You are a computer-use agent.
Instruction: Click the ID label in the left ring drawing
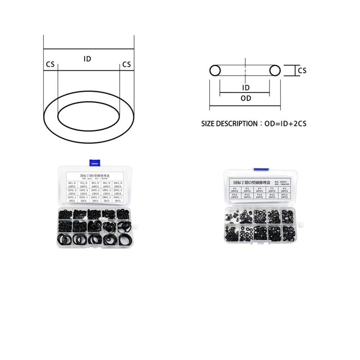point(87,59)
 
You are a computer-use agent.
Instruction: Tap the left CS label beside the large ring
point(50,64)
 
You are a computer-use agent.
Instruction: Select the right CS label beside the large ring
point(126,64)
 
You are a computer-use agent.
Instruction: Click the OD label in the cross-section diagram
point(246,98)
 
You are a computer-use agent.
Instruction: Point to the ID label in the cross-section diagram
point(246,87)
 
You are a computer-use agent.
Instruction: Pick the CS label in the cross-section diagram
point(302,71)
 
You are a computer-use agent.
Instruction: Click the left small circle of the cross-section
point(215,70)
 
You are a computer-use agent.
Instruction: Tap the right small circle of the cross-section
point(275,70)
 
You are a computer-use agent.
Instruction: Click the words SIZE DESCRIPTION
point(228,123)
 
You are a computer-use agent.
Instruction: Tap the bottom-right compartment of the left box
point(123,239)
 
